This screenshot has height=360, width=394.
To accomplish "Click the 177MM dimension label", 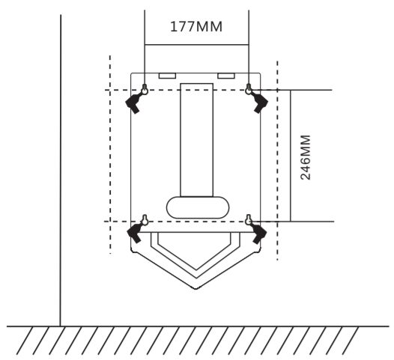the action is coord(196,27).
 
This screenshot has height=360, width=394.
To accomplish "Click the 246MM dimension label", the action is coord(306,157).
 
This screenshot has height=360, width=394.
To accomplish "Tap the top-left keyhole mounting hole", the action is coord(145,89).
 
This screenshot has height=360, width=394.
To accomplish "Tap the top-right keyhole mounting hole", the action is coord(249,89).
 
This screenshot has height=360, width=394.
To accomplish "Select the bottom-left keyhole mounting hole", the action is coord(145,220).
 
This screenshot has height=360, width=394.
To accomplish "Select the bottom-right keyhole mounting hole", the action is coord(249,220).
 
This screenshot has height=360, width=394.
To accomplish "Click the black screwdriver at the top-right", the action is coord(259,102).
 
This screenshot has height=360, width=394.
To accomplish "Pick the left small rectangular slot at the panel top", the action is coord(167,76).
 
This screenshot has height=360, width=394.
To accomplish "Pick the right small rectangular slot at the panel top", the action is coord(226,76).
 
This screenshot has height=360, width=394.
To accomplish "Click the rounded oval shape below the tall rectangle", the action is coord(198,207).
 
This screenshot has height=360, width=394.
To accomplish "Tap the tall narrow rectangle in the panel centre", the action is coord(197,140).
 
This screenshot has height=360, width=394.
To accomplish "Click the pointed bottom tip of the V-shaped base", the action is coord(196,289).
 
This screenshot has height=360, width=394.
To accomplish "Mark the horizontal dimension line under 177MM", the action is coord(197,45).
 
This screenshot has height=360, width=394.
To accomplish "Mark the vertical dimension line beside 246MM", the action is coord(290,156).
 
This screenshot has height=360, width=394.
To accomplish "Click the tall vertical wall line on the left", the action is coord(61,171).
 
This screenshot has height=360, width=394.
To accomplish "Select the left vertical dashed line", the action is coord(110,154).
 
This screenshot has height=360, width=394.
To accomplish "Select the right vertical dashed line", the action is coord(277,160).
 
